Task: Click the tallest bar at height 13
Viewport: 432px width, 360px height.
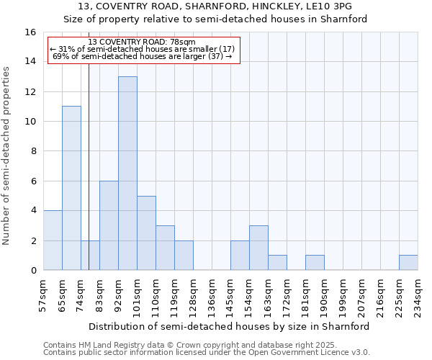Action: click(127, 173)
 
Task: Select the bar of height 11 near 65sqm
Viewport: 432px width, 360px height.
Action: click(71, 188)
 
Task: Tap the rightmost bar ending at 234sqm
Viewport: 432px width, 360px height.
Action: click(408, 262)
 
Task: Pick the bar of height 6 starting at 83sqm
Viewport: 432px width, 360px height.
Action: click(109, 225)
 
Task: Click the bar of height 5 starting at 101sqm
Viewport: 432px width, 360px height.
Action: click(146, 233)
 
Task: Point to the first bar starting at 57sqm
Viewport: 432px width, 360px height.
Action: click(53, 240)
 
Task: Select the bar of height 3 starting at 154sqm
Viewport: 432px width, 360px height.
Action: click(258, 248)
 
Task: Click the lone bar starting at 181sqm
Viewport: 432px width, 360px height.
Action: click(315, 262)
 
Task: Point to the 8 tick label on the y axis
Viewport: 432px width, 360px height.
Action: click(33, 151)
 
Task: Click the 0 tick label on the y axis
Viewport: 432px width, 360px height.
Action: click(33, 270)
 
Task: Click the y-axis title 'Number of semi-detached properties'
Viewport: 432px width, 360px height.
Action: click(7, 156)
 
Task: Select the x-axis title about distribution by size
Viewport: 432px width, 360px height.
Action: click(230, 326)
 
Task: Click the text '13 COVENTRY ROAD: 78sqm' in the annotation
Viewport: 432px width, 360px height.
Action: click(142, 42)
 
